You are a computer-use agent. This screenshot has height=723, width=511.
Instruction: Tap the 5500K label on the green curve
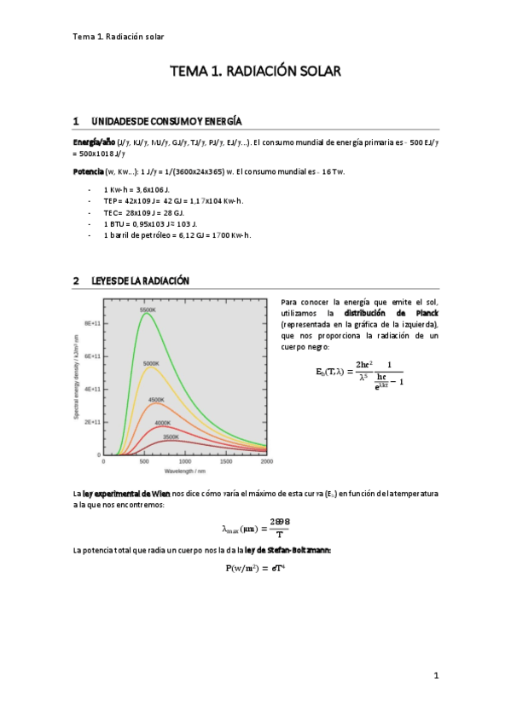pos(148,309)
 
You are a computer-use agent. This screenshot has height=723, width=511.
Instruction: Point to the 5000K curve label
pos(151,364)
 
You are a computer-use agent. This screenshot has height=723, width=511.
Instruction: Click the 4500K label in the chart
pos(156,400)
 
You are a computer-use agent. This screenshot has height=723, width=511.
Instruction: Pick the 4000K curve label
pos(162,423)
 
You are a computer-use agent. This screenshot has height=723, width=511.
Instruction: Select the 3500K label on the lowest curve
pos(170,437)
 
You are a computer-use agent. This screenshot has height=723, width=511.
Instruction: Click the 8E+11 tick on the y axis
pos(93,324)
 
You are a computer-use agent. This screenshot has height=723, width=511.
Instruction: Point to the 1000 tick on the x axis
pos(185,462)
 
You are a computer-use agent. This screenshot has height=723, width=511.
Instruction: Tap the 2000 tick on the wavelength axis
pos(266,462)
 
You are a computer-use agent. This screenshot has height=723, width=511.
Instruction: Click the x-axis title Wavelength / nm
pos(184,471)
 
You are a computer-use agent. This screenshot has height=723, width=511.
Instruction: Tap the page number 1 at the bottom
pos(435,676)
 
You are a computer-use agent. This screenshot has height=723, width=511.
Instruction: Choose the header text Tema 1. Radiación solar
pos(119,37)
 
